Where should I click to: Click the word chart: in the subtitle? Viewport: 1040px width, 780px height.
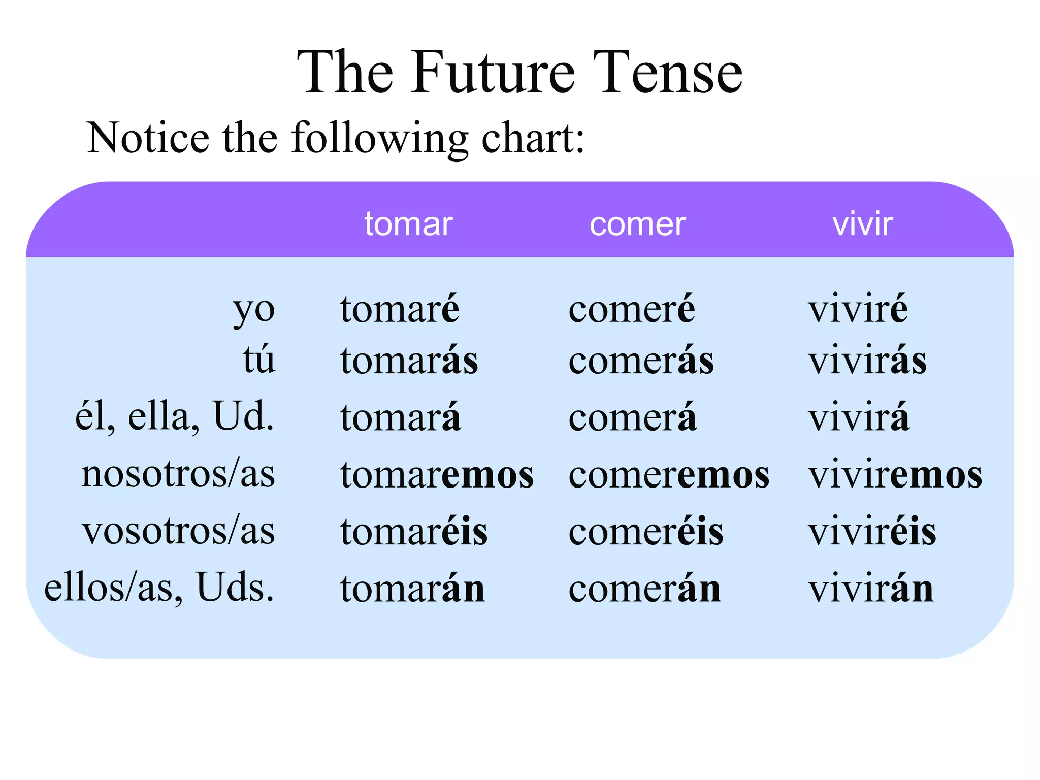pyautogui.click(x=533, y=138)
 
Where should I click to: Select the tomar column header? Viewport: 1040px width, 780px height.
pyautogui.click(x=408, y=224)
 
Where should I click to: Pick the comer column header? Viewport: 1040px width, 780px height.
pyautogui.click(x=637, y=224)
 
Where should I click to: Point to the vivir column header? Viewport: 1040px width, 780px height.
pyautogui.click(x=862, y=224)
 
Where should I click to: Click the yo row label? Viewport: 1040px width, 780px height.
pyautogui.click(x=254, y=310)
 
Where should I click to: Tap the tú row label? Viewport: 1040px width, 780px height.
pyautogui.click(x=259, y=360)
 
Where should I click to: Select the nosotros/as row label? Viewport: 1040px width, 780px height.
pyautogui.click(x=178, y=474)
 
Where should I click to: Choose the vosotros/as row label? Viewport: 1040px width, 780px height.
pyautogui.click(x=178, y=531)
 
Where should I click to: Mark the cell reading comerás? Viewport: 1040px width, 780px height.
pyautogui.click(x=641, y=361)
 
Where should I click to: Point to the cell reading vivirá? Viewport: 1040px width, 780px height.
pyautogui.click(x=858, y=417)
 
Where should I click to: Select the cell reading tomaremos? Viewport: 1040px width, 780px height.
pyautogui.click(x=437, y=475)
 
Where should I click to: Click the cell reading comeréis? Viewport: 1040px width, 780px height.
pyautogui.click(x=646, y=532)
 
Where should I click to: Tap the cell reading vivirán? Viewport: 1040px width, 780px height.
pyautogui.click(x=871, y=589)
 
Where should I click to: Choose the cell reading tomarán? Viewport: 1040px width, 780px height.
pyautogui.click(x=412, y=589)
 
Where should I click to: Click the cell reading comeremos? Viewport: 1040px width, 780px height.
pyautogui.click(x=669, y=475)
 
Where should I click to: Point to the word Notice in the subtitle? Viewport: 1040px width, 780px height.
pyautogui.click(x=148, y=138)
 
